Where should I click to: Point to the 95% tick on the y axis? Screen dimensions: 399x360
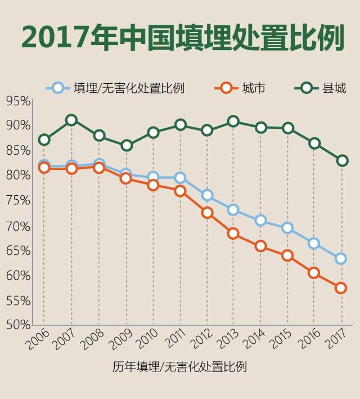18,101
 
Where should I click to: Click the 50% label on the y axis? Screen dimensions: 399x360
18,324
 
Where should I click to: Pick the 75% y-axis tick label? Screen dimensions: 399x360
18,200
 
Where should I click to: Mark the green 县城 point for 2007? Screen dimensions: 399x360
71,120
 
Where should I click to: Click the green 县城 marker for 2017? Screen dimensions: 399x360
341,160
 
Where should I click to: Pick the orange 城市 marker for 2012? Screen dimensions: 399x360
207,212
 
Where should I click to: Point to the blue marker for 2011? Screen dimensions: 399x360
180,178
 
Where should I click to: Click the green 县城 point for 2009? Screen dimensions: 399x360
127,145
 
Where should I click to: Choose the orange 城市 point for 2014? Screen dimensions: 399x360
260,245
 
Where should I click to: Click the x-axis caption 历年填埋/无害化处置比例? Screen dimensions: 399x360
179,367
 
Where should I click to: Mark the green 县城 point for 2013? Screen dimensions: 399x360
233,122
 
